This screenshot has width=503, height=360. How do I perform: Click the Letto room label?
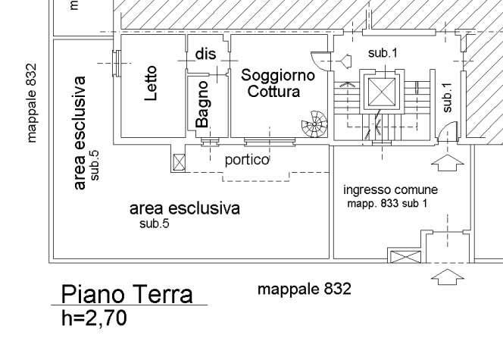(149, 84)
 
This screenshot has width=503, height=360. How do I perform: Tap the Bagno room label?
(202, 105)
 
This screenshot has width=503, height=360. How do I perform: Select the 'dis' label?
(206, 54)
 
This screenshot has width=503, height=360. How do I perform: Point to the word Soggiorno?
(277, 75)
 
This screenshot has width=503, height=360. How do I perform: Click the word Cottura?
(273, 92)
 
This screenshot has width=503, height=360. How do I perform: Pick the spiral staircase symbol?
(314, 123)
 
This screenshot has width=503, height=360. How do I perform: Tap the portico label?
(247, 160)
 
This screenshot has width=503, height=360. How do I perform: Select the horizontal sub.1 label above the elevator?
(383, 53)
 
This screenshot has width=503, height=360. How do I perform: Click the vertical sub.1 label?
(447, 97)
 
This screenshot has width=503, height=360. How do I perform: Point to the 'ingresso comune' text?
(390, 189)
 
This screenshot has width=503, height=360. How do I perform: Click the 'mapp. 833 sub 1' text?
(387, 204)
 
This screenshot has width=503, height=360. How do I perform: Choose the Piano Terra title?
(127, 294)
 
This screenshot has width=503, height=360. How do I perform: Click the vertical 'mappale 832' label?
(31, 102)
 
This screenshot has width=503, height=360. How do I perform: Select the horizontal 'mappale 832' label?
(305, 289)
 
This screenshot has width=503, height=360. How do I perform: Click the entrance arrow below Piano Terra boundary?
(451, 276)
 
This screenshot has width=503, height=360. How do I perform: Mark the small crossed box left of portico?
(179, 161)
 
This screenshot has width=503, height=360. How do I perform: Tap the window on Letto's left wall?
(116, 62)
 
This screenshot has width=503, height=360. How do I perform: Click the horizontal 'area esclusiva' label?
(184, 208)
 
